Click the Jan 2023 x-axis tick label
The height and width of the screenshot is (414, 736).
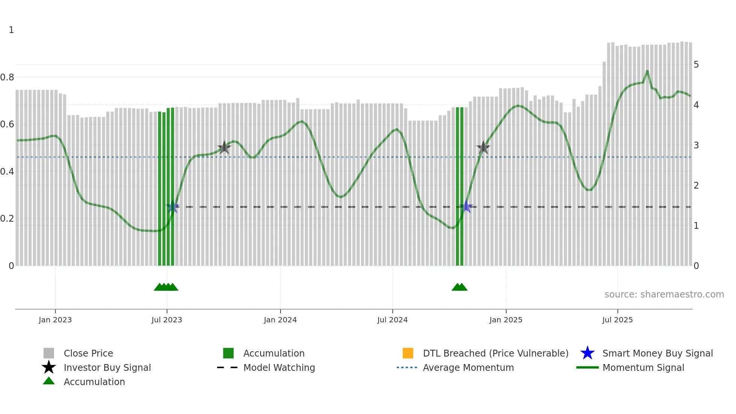[55, 320]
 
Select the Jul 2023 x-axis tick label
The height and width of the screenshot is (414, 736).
[167, 320]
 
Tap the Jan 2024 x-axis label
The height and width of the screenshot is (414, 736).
[280, 320]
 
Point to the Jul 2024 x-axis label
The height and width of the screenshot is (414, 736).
[392, 320]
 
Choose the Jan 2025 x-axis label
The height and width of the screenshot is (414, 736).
[506, 320]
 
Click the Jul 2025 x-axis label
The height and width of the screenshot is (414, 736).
[617, 320]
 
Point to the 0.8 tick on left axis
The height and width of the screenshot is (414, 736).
[7, 77]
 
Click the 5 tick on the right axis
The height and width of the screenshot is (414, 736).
[696, 65]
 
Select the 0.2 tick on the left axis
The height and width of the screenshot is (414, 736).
[7, 219]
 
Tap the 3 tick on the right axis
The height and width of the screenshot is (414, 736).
[696, 145]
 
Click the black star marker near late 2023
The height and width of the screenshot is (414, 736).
[224, 148]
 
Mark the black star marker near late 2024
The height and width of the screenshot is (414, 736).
[483, 148]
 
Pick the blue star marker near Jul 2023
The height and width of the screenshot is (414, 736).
[173, 207]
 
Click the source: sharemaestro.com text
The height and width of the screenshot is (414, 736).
[664, 295]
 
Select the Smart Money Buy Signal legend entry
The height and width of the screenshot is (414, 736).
[657, 353]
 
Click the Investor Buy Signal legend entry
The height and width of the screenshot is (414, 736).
[107, 367]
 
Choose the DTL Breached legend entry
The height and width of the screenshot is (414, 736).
[495, 353]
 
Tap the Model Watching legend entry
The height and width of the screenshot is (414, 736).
[279, 367]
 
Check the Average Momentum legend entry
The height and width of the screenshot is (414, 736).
[468, 367]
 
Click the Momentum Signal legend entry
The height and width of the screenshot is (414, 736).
[643, 367]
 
